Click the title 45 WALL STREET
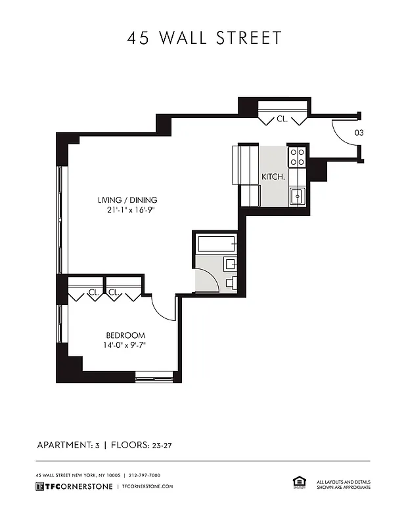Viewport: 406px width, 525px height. (204, 38)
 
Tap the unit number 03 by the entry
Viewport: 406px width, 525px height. (359, 133)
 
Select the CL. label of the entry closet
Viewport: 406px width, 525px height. (282, 119)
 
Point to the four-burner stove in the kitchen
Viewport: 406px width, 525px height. (297, 156)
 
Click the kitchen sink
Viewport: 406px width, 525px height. (298, 196)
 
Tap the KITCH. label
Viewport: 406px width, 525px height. (273, 177)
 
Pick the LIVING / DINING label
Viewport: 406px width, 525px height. (127, 200)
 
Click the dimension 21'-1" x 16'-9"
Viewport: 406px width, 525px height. (127, 210)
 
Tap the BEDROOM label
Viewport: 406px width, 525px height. (125, 335)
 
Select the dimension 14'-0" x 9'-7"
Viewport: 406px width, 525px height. (125, 345)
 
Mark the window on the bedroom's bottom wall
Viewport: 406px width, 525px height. (155, 377)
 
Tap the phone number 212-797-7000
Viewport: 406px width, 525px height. (145, 475)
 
